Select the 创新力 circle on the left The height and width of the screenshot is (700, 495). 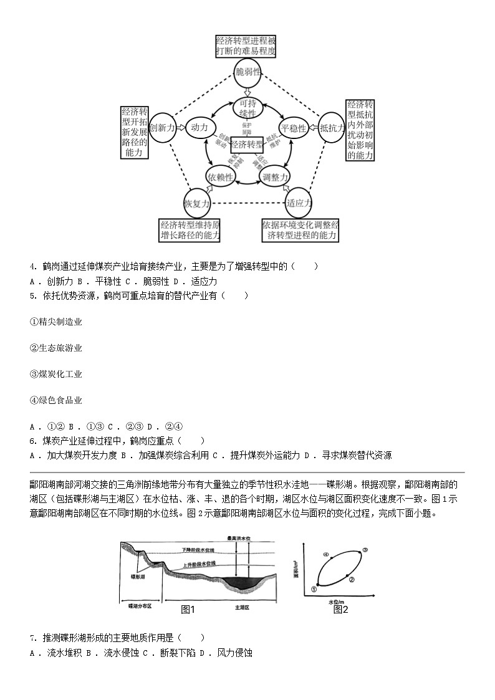pos(162,127)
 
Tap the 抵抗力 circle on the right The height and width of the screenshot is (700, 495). pos(332,128)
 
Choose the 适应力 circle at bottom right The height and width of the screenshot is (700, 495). pos(299,202)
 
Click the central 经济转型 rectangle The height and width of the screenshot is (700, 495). pos(247,145)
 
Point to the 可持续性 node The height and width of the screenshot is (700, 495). pos(247,108)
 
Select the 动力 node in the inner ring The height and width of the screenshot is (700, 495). pos(199,128)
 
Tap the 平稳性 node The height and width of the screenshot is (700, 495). pos(294,128)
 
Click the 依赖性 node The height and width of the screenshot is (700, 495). pos(221,178)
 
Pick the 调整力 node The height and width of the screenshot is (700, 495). pos(274,178)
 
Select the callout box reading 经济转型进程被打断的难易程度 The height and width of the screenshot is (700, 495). pos(245,46)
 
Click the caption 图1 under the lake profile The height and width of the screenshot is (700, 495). pos(188,609)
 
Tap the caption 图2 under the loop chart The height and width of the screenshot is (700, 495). pos(340,609)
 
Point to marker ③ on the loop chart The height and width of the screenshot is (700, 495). pos(365,550)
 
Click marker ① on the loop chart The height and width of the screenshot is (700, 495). pos(314,587)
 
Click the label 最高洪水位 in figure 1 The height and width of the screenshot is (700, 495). pos(239,538)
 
